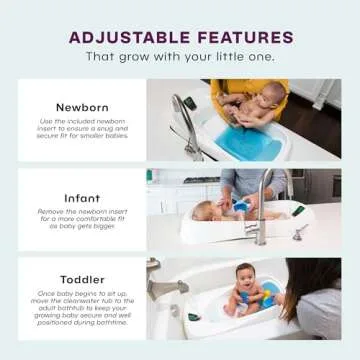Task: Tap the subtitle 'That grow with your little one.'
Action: (180, 57)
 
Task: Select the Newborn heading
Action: (82, 105)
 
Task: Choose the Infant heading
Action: (82, 198)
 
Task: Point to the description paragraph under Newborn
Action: (82, 129)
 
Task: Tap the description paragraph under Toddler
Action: (82, 311)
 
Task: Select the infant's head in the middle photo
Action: (206, 211)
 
